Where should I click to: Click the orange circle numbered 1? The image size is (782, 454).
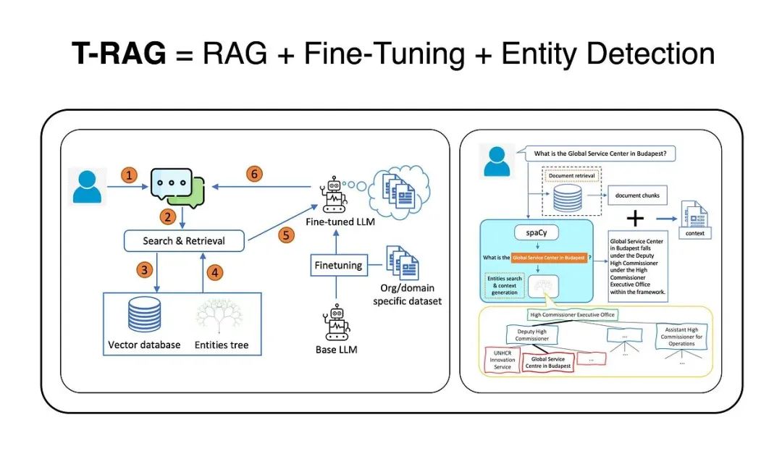(129, 176)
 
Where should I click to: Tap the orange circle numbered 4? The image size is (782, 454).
(214, 274)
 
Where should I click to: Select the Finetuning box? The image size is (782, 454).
(338, 265)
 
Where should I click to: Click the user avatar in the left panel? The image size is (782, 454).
(88, 185)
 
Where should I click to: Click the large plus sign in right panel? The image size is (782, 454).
(635, 219)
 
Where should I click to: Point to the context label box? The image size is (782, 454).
(694, 233)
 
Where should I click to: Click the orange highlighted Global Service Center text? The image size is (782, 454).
(548, 257)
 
